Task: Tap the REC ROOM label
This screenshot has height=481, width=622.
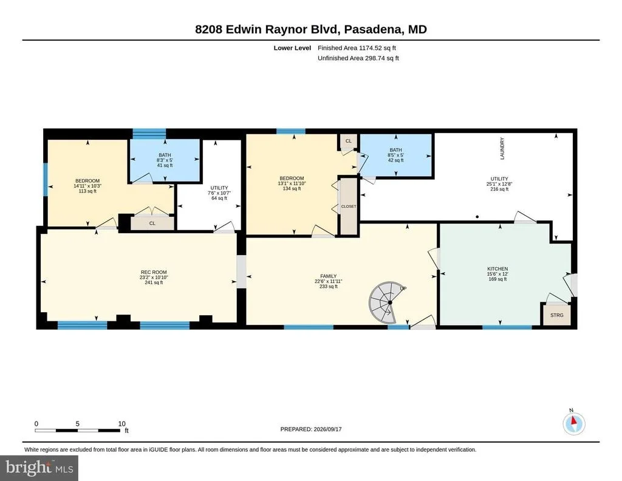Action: [x=154, y=272]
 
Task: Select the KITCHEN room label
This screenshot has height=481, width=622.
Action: [x=497, y=268]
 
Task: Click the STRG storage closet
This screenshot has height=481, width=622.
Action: [x=556, y=315]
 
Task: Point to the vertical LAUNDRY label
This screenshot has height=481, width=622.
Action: [x=502, y=149]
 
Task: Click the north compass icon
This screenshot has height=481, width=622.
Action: [x=573, y=423]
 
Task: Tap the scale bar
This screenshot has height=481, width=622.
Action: [x=77, y=430]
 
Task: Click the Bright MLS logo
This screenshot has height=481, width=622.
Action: [x=39, y=468]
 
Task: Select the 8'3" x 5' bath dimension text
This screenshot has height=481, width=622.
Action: [x=165, y=160]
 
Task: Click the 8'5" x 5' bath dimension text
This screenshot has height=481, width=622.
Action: [x=395, y=155]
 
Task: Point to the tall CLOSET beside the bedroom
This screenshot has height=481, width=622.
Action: [x=349, y=206]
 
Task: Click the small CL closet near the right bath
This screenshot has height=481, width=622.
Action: [x=348, y=141]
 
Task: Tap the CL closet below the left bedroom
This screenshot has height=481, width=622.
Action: [x=152, y=223]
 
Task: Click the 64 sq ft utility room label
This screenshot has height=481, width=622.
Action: [x=219, y=198]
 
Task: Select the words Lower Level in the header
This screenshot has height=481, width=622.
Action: [x=292, y=48]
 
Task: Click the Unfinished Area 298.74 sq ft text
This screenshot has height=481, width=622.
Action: [x=358, y=58]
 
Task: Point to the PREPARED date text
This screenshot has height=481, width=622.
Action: [x=311, y=429]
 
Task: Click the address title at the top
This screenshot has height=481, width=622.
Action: [x=311, y=29]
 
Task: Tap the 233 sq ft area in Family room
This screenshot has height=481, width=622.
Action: [x=329, y=286]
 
